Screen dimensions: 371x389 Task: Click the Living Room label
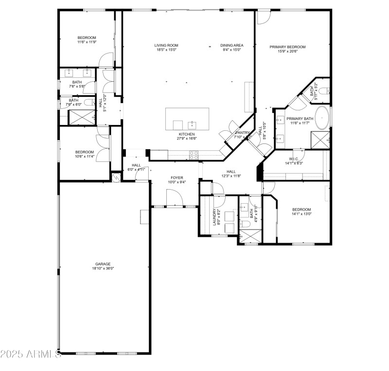pyautogui.click(x=166, y=45)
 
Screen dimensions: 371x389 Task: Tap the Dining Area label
pyautogui.click(x=231, y=45)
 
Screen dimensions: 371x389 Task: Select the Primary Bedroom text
pyautogui.click(x=288, y=47)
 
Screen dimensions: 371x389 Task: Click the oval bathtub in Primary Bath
pyautogui.click(x=322, y=117)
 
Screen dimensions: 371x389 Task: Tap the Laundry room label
pyautogui.click(x=217, y=217)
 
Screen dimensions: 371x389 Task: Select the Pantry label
pyautogui.click(x=242, y=133)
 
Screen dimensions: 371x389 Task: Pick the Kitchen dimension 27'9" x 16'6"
pyautogui.click(x=187, y=139)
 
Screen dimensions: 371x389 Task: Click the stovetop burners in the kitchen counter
pyautogui.click(x=194, y=155)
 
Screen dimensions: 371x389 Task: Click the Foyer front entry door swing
pyautogui.click(x=174, y=197)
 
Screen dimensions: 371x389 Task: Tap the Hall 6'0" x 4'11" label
pyautogui.click(x=136, y=167)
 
